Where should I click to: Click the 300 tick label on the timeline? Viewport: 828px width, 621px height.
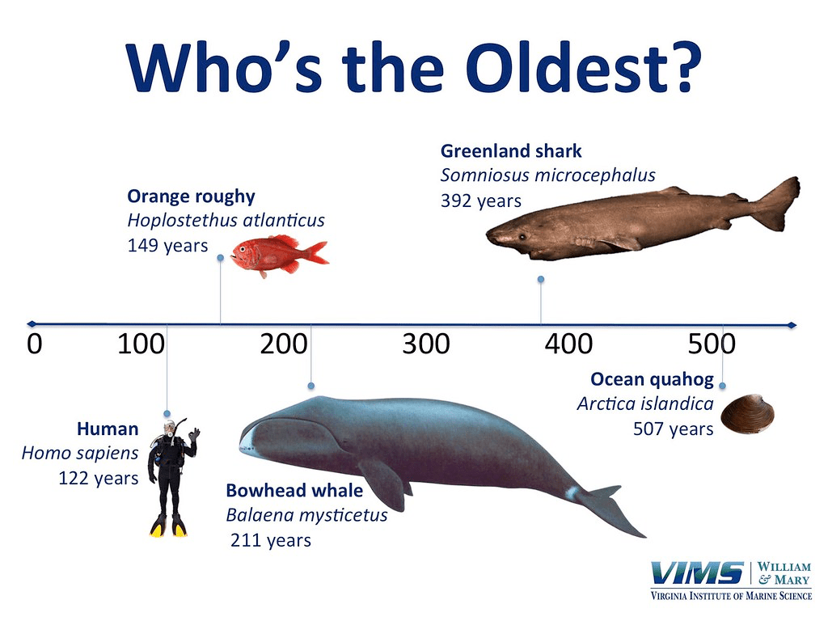425,344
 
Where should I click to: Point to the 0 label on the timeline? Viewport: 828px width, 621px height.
34,344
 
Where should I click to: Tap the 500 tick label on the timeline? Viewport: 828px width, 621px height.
712,344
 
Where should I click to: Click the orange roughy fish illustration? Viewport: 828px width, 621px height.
280,256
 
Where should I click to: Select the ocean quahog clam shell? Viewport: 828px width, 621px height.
748,414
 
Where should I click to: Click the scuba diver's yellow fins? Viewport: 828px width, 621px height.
168,526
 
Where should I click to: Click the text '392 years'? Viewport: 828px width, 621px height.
480,201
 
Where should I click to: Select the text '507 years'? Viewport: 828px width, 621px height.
674,429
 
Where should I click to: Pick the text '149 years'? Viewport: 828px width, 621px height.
168,246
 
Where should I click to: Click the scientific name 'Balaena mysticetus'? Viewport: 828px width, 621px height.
306,515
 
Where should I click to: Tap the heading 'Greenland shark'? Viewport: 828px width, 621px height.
511,151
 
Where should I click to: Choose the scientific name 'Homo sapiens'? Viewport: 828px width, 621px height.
80,453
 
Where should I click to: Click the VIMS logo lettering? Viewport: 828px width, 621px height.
697,573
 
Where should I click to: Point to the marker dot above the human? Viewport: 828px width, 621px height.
167,413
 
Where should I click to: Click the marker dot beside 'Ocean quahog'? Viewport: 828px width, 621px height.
722,386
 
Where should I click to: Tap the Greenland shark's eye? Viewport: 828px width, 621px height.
522,236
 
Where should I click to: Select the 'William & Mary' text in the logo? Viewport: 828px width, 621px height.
784,573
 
